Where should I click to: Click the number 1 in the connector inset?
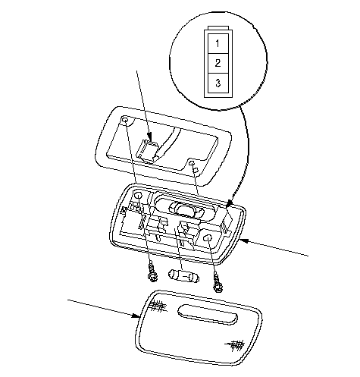(218, 44)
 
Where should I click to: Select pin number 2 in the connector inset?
(218, 63)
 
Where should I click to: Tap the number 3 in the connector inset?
(218, 83)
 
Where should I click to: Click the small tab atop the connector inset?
(218, 28)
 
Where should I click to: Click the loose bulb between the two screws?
(183, 276)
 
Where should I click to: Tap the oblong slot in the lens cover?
(208, 315)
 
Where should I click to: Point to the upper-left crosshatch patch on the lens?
(158, 306)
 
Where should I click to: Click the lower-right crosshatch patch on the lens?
(236, 345)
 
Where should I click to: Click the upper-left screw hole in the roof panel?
(125, 120)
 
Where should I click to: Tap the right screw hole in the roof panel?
(192, 163)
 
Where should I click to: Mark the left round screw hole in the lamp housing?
(138, 195)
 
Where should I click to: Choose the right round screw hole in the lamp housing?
(208, 238)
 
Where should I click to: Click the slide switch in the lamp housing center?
(187, 209)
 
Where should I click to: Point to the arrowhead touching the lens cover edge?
(136, 316)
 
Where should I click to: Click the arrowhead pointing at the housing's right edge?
(243, 240)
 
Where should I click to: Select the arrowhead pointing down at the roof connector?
(150, 137)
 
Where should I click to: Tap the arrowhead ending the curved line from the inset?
(229, 203)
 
